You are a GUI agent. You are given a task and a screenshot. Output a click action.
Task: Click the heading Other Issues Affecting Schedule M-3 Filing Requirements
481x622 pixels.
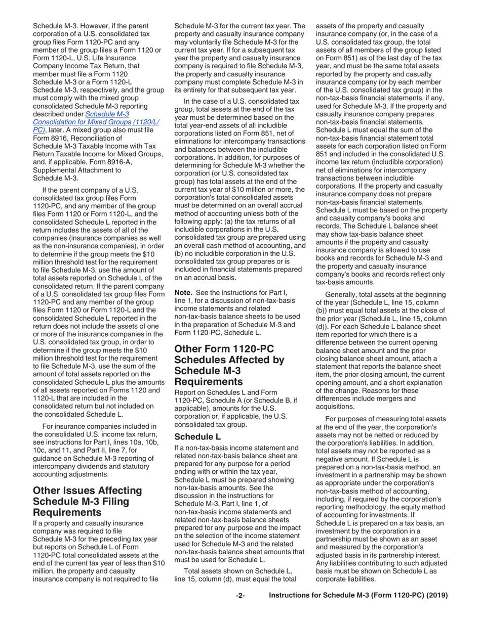pyautogui.click(x=88, y=502)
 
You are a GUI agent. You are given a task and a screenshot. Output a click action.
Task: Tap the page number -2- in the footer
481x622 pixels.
pyautogui.click(x=240, y=596)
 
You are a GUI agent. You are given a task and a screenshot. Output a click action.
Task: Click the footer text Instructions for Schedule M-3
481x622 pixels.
pyautogui.click(x=358, y=596)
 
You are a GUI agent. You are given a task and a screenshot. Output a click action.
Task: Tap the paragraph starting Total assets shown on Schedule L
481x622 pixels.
pyautogui.click(x=240, y=574)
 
